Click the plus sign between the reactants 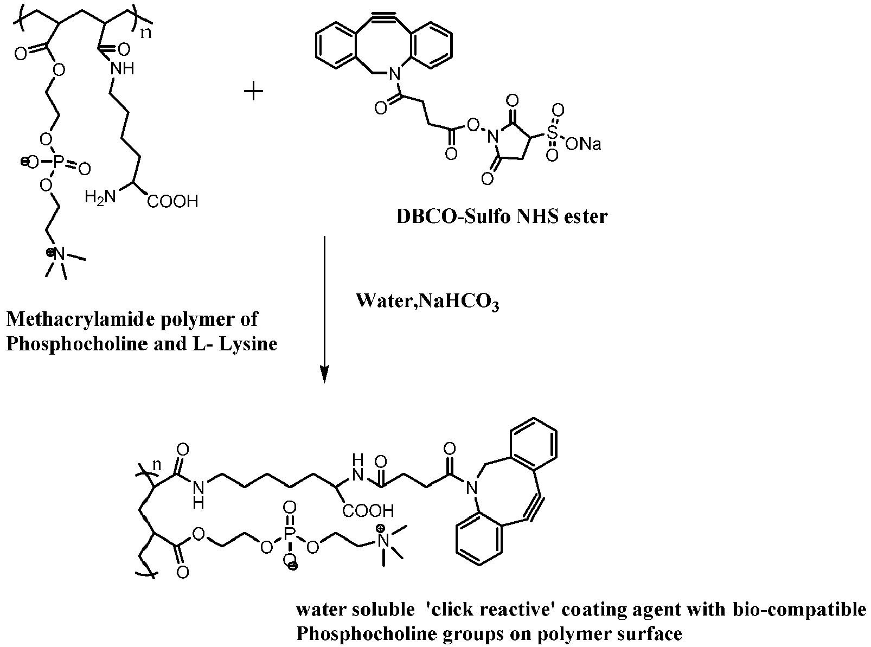click(x=253, y=91)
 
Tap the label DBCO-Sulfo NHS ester click(x=502, y=216)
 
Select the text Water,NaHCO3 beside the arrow click(x=427, y=301)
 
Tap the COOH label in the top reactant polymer click(x=172, y=202)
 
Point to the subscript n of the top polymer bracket click(x=146, y=33)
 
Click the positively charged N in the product click(x=384, y=539)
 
